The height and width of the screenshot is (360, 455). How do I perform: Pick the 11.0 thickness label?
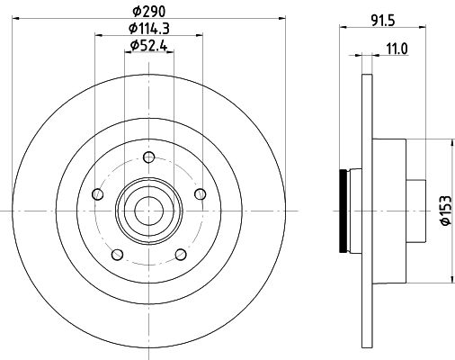pos(395,50)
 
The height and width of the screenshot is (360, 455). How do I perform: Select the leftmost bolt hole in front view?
pos(97,193)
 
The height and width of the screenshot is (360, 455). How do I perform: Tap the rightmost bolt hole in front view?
pos(200,193)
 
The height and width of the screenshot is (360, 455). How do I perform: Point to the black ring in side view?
pos(343,211)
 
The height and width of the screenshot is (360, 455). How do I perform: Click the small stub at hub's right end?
pos(417,211)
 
